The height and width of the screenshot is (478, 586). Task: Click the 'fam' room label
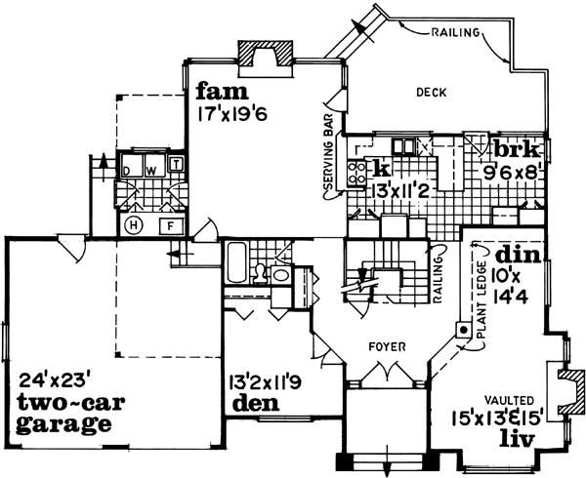click(x=216, y=93)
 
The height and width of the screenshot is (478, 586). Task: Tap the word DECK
click(x=431, y=93)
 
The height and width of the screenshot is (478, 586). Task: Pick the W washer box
click(x=151, y=169)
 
